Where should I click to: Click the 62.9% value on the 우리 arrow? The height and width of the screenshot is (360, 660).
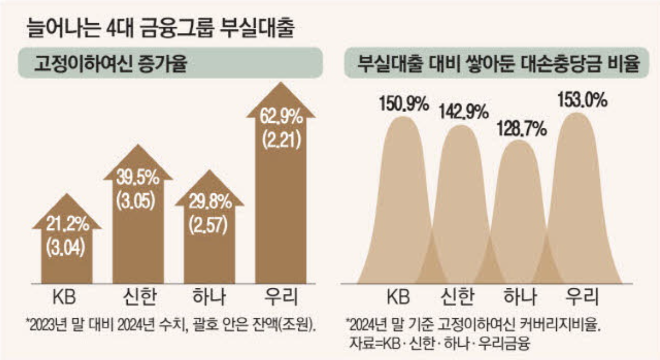coord(281,118)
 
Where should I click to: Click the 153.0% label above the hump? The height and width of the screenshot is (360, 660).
coord(581,102)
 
